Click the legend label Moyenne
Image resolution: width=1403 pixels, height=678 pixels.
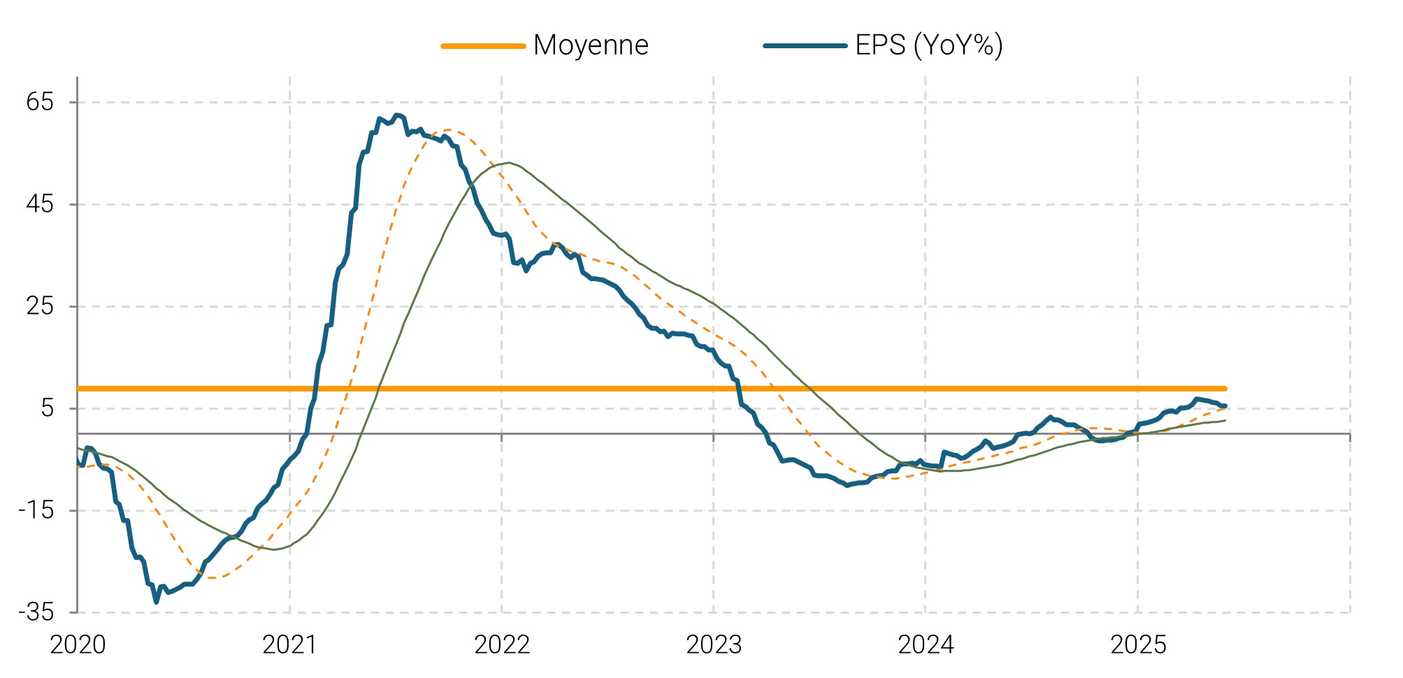[x=591, y=45]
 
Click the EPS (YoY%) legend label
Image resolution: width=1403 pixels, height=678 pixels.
[x=929, y=45]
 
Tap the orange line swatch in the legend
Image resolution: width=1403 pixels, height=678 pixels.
[x=483, y=46]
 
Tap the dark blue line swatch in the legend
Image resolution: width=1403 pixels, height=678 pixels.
[x=805, y=46]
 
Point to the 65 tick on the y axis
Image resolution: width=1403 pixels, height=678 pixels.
[x=40, y=103]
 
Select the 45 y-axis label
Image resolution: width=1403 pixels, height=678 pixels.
[x=40, y=205]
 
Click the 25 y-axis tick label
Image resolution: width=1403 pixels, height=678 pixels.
[x=40, y=306]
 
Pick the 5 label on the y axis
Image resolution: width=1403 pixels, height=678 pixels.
[x=47, y=408]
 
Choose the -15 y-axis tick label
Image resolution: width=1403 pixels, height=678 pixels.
[x=36, y=510]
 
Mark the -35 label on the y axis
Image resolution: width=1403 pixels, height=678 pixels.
[x=36, y=612]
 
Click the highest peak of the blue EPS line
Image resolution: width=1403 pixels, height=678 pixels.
[x=397, y=115]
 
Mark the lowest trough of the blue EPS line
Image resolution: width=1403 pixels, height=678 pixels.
[x=156, y=601]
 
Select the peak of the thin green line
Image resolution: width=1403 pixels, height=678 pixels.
[x=509, y=163]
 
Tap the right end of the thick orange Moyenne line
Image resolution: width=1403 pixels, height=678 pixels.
[x=1225, y=389]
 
